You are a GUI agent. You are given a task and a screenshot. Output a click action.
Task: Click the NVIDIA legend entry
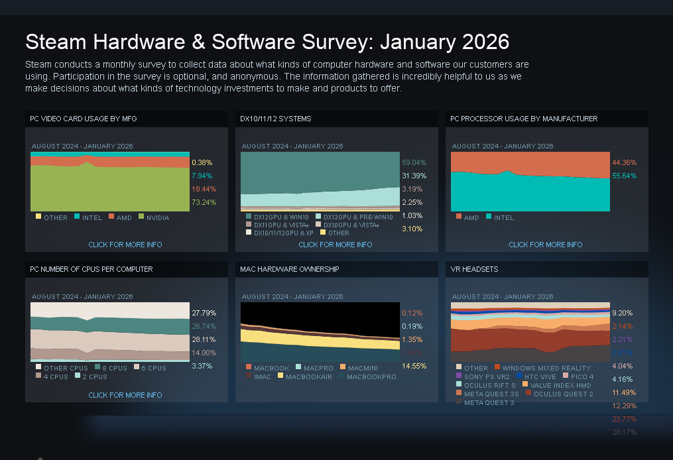[x=154, y=217]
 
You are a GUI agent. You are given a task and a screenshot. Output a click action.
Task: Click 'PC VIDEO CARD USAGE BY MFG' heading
[x=84, y=119]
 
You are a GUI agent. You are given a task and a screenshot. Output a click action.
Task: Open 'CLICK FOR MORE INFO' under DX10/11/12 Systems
[x=336, y=245]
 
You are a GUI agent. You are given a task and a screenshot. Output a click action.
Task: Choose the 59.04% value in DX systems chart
[x=414, y=162]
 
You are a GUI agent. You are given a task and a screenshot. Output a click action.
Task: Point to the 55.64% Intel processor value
[x=624, y=176]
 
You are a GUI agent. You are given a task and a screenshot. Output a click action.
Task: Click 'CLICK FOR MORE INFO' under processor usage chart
[x=546, y=245]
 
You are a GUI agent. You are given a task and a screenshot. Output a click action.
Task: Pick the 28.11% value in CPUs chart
[x=204, y=339]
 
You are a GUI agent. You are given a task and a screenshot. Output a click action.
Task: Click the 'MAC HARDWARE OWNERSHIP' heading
[x=290, y=269]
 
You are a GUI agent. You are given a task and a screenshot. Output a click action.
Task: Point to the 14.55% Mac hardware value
[x=414, y=366]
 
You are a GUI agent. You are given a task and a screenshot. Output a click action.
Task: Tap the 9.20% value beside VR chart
[x=622, y=313]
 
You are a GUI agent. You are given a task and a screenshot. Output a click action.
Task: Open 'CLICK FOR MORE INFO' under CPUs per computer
[x=125, y=395]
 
